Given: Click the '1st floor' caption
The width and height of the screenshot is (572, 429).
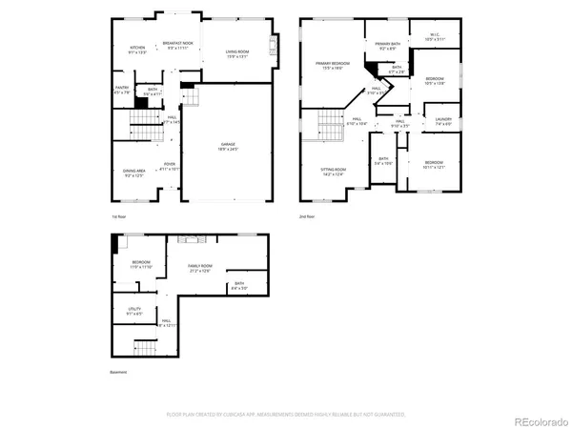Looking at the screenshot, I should tap(118, 216).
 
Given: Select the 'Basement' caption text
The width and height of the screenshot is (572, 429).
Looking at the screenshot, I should tap(118, 373).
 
